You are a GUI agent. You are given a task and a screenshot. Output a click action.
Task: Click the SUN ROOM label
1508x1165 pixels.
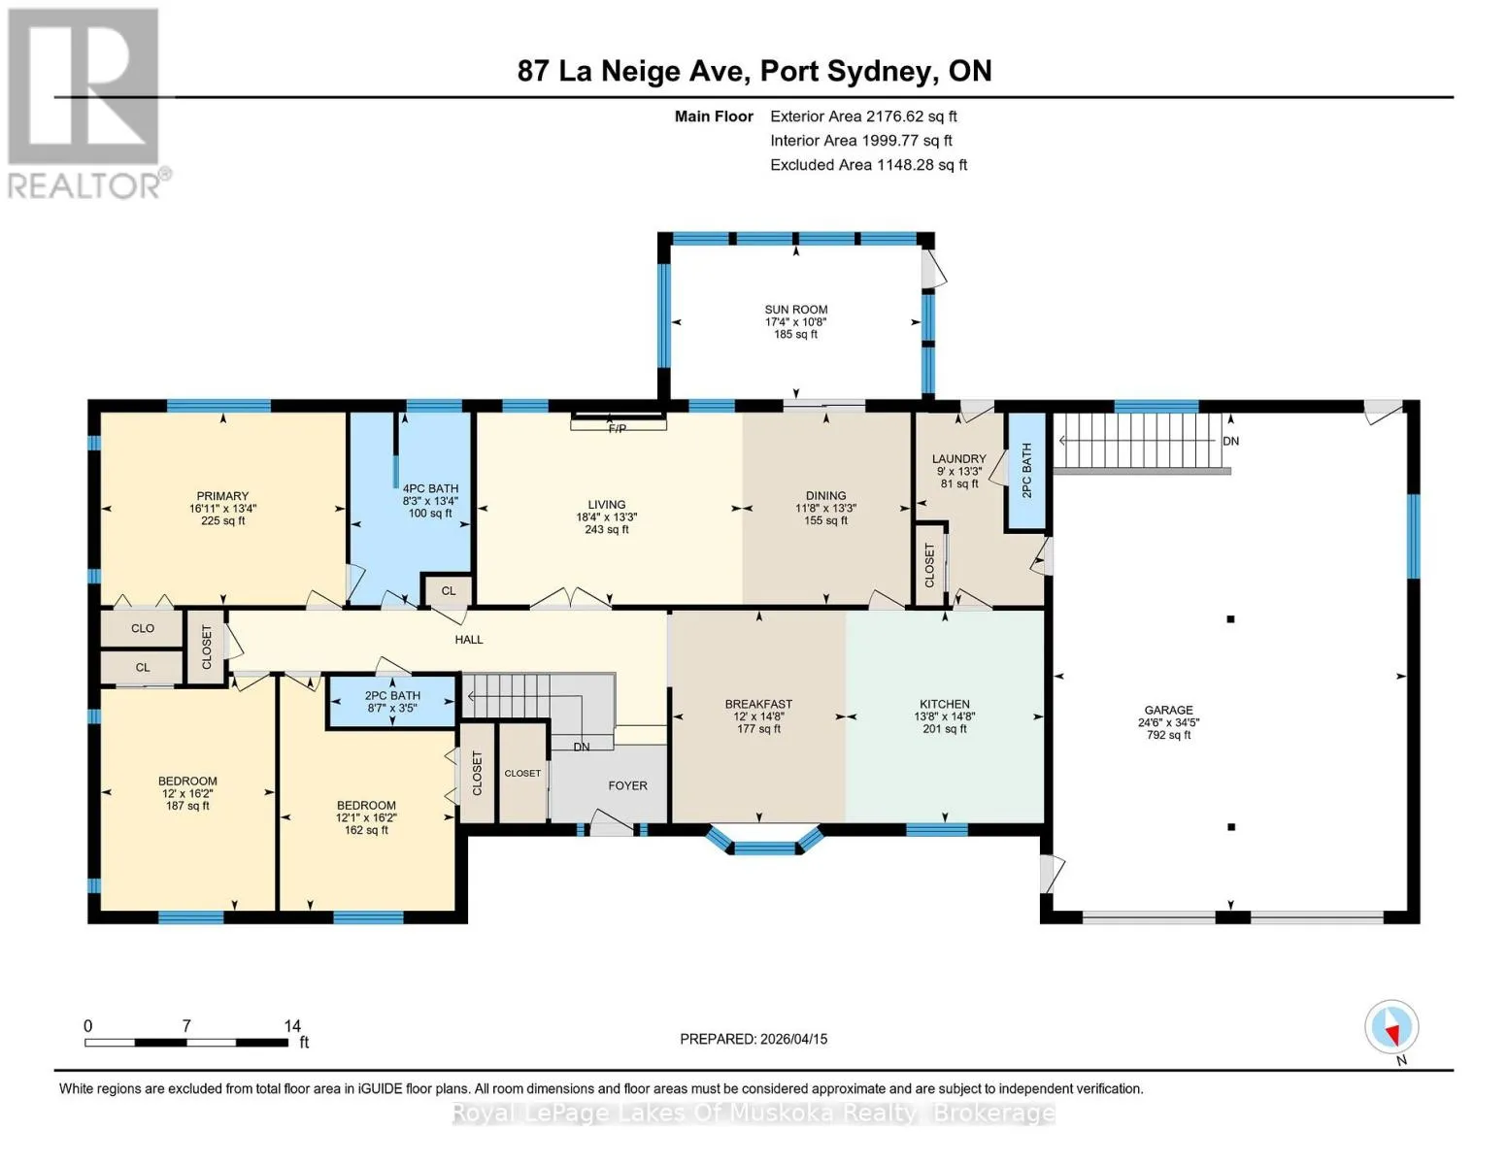[x=795, y=310]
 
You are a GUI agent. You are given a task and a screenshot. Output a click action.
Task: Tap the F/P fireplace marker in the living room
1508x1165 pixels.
[x=617, y=429]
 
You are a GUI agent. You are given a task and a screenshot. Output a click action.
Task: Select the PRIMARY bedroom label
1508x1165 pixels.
[x=222, y=496]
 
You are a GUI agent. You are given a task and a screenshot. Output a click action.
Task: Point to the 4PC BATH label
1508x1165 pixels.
[x=430, y=488]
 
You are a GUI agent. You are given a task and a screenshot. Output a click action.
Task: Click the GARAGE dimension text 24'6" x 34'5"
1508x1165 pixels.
[x=1169, y=722]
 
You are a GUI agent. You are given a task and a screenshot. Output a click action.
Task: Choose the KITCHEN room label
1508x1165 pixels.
[x=945, y=704]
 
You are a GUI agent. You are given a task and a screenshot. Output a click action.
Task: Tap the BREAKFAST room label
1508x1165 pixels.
[x=758, y=704]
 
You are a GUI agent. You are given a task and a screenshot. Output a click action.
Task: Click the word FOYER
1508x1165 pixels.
[x=627, y=785]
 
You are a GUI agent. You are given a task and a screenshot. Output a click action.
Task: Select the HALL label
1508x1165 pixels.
[x=468, y=639]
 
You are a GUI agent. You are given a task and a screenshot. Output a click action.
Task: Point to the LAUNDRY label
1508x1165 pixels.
[x=959, y=458]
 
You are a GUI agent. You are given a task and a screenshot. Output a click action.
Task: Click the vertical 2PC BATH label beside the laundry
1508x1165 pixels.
[x=1026, y=471]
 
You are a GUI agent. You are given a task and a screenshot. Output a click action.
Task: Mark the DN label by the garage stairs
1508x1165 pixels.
[x=1230, y=442]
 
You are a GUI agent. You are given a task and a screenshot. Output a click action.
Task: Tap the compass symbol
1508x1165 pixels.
[x=1391, y=1027]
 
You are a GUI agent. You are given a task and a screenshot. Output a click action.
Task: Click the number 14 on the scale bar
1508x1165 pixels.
[x=292, y=1025]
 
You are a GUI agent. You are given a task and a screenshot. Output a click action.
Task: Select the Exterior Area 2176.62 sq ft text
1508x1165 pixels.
[x=863, y=116]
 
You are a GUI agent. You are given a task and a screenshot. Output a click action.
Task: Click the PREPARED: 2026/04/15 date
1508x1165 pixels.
[x=754, y=1039]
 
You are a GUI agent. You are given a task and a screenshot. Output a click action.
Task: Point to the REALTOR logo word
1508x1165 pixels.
[x=84, y=186]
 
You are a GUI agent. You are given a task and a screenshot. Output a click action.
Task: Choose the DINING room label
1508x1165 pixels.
[x=825, y=495]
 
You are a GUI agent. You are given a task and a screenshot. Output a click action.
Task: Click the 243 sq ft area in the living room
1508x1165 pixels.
[x=607, y=529]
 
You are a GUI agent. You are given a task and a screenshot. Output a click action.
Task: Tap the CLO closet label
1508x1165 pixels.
[x=143, y=628]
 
